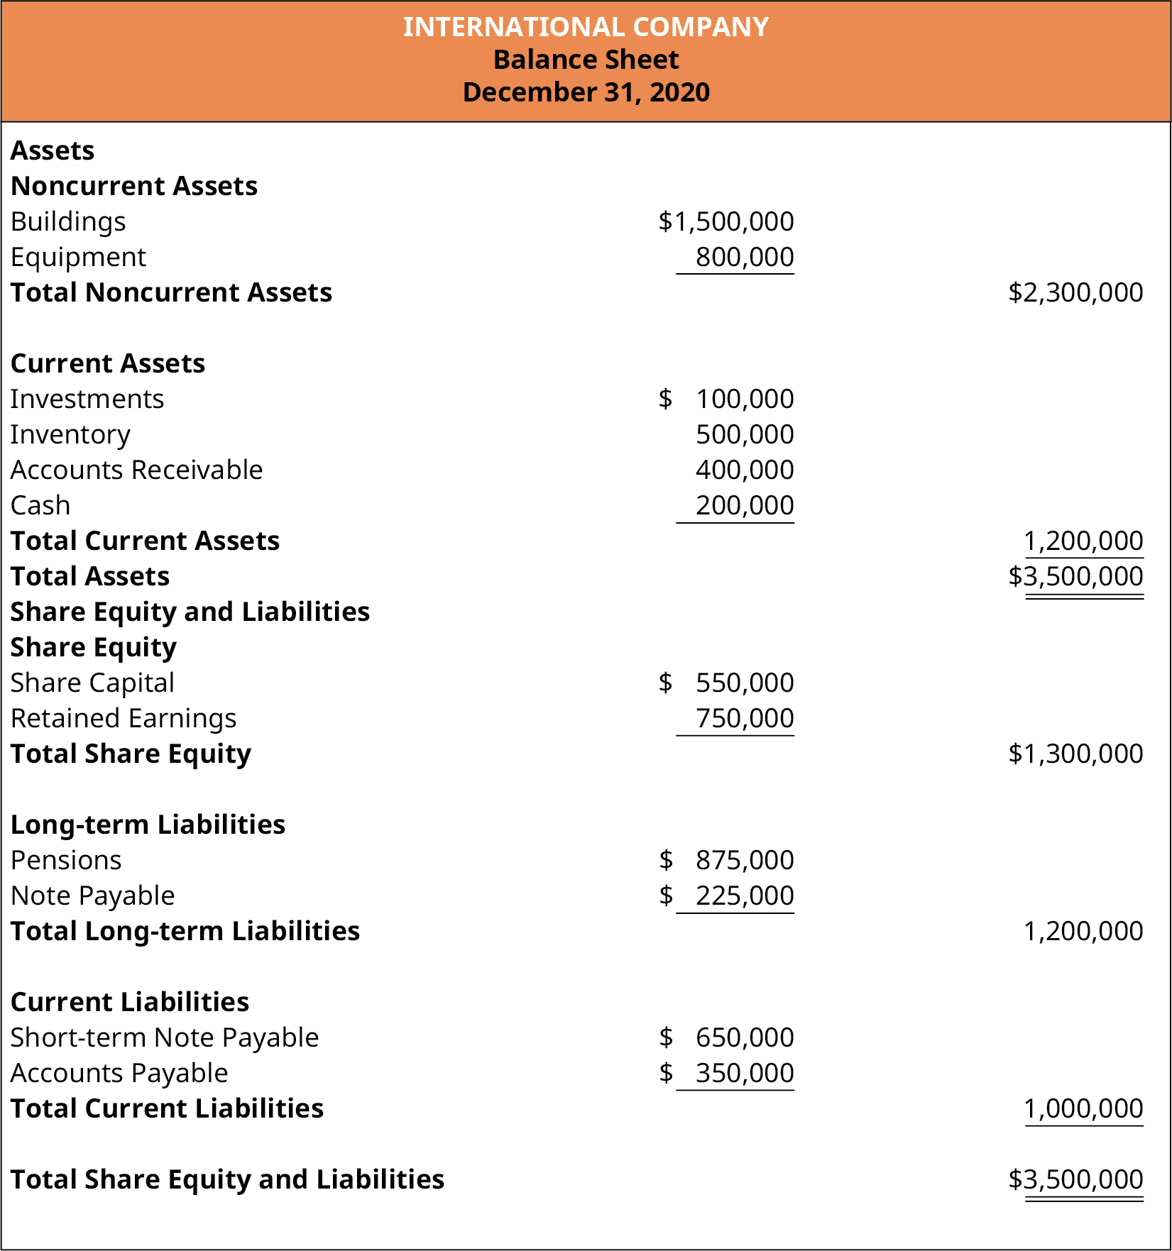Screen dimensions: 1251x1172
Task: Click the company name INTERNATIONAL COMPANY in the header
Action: coord(586,27)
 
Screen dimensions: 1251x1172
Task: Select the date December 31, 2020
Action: coord(586,92)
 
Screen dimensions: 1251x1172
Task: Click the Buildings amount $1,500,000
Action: coord(726,221)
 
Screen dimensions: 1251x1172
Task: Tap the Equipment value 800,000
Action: coord(744,257)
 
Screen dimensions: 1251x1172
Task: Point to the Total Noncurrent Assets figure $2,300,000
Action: coord(1075,292)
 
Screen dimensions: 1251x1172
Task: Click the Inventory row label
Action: coord(70,434)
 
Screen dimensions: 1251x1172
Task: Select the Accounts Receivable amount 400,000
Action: coord(744,470)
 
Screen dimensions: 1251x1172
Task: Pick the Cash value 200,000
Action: coord(744,505)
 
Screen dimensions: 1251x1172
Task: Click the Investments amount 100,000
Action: coord(744,399)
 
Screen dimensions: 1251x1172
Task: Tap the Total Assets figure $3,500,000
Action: coord(1075,576)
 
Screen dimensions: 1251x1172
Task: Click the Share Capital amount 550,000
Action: coord(744,683)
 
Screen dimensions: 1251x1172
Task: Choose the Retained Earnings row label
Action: coord(124,718)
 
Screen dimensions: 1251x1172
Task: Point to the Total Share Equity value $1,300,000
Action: coord(1075,754)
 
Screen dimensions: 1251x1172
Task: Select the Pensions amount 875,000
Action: coord(744,860)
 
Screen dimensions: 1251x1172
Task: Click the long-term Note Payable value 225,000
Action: coord(744,895)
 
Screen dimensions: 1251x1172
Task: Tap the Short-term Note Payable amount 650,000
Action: coord(744,1037)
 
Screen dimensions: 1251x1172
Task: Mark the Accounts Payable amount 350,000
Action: coord(744,1073)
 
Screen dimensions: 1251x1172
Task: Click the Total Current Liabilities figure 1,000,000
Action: coord(1083,1108)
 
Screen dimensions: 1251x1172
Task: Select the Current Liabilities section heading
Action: coord(130,1002)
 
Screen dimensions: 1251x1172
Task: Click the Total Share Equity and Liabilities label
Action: coord(227,1179)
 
